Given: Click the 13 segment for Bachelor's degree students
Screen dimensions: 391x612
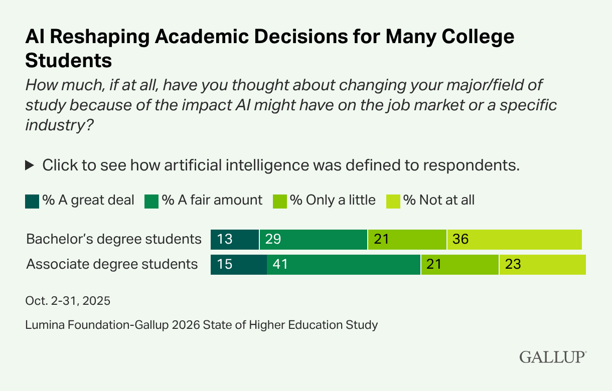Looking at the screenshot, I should [234, 240].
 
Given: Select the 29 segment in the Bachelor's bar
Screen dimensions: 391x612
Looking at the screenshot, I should [314, 240].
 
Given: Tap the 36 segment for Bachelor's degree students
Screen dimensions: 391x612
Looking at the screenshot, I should [514, 240].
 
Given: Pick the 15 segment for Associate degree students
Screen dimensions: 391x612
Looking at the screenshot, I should [238, 264].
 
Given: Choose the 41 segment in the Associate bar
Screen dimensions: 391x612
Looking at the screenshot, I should [344, 264].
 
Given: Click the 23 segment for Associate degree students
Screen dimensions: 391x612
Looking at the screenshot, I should [542, 264].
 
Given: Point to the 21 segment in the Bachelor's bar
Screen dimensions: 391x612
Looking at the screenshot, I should [407, 240].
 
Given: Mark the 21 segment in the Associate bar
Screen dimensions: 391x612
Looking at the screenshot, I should [460, 264].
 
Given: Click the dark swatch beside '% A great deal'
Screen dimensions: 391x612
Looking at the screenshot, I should [32, 201].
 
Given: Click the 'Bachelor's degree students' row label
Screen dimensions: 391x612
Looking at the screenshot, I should [114, 240].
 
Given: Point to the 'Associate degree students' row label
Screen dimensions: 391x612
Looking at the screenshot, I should [112, 264].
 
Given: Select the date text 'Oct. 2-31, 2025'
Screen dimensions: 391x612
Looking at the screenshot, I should [68, 301].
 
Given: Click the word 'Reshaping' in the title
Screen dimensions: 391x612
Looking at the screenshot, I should [104, 38].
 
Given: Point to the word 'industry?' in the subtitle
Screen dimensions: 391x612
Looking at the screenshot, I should [60, 125].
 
